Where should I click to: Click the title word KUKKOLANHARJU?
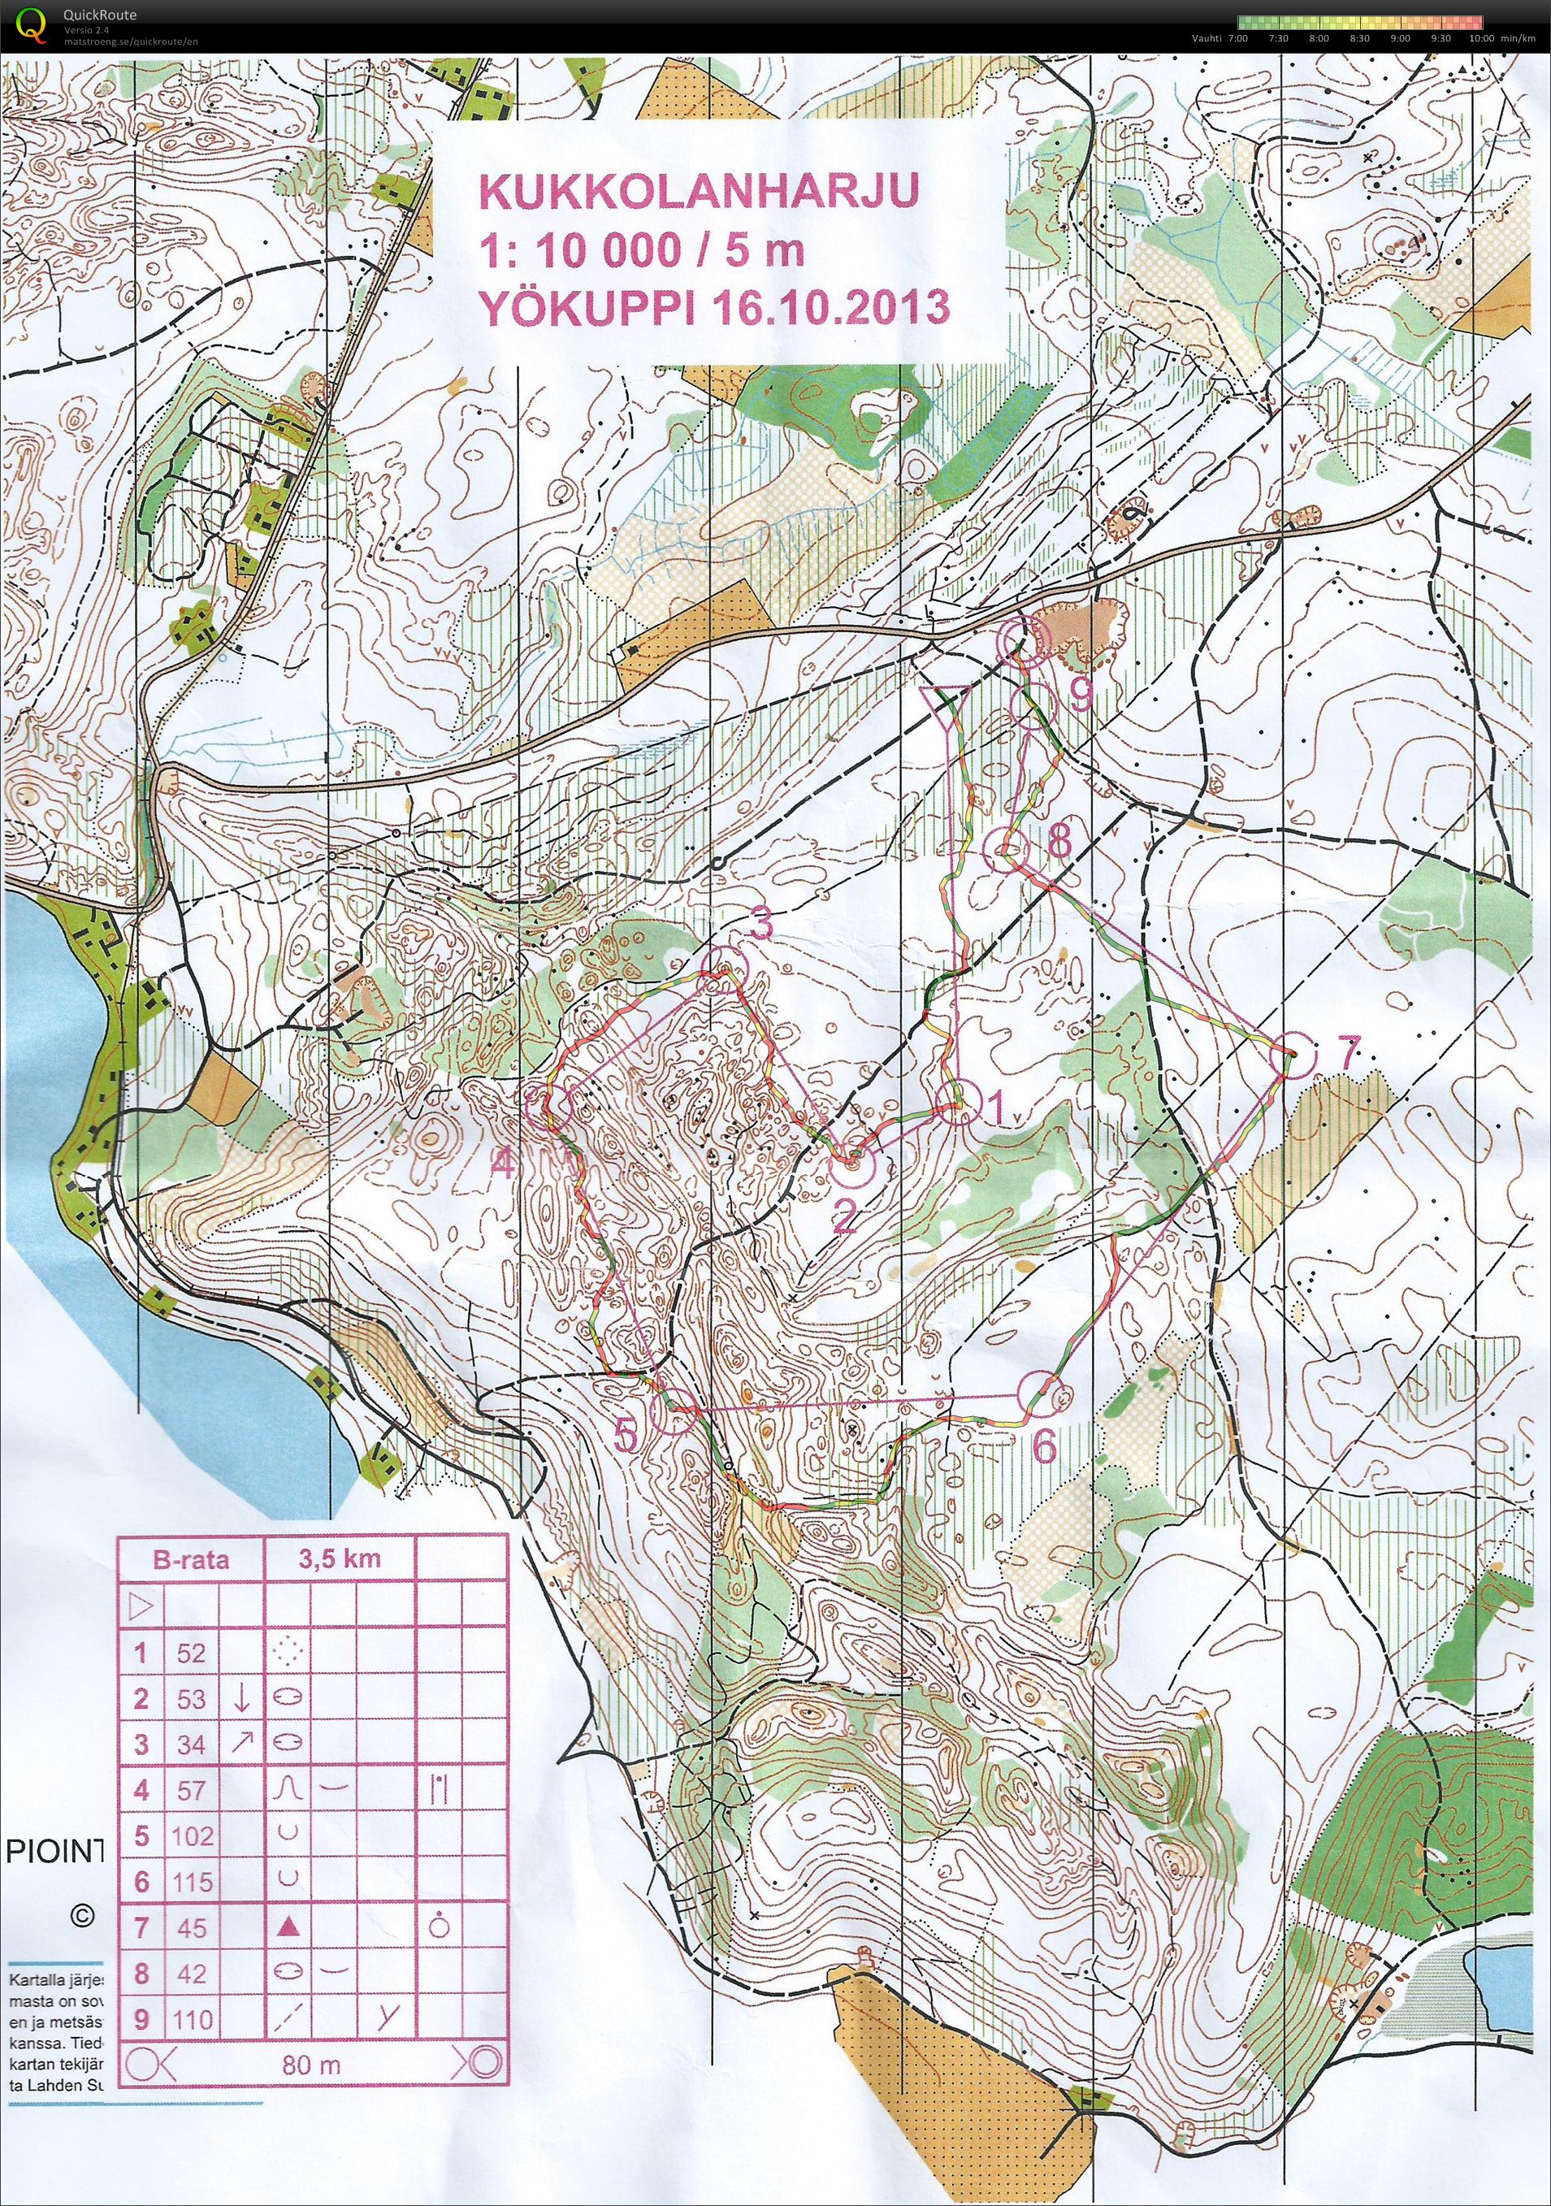(x=698, y=190)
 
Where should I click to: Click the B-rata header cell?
(x=190, y=1559)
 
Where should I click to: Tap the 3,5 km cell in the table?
(x=340, y=1559)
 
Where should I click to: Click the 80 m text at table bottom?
(x=311, y=2065)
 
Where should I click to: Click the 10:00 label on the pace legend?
(x=1481, y=37)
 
